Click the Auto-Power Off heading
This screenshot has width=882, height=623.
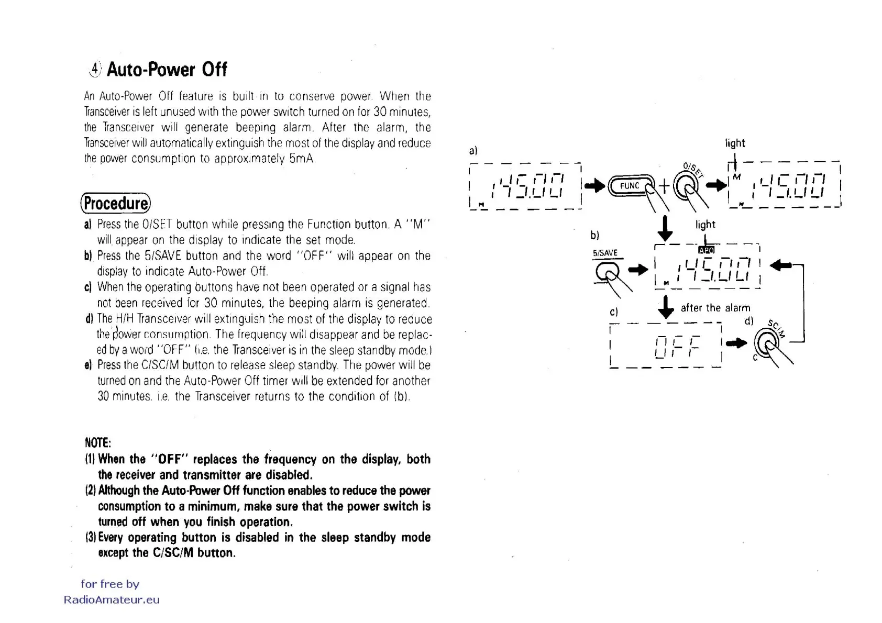tap(167, 70)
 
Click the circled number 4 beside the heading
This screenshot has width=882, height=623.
tap(95, 69)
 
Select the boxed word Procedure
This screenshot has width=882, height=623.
tap(116, 203)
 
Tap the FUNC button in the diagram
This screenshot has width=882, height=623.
tap(630, 186)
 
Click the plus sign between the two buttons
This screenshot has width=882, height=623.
tap(664, 186)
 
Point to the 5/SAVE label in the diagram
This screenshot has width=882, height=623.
tap(605, 253)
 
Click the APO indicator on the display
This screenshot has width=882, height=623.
tap(707, 250)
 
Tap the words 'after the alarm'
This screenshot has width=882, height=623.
tap(715, 308)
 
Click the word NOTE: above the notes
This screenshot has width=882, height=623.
tap(97, 443)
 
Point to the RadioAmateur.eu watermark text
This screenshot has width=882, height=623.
tap(112, 600)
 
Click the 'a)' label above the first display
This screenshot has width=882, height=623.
tap(473, 150)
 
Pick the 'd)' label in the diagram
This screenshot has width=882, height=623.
tap(749, 321)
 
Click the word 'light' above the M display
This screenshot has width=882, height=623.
tap(735, 143)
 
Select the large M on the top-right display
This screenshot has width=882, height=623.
tap(737, 177)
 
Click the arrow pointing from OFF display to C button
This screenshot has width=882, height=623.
tap(738, 343)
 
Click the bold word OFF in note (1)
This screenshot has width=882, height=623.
tap(169, 460)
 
